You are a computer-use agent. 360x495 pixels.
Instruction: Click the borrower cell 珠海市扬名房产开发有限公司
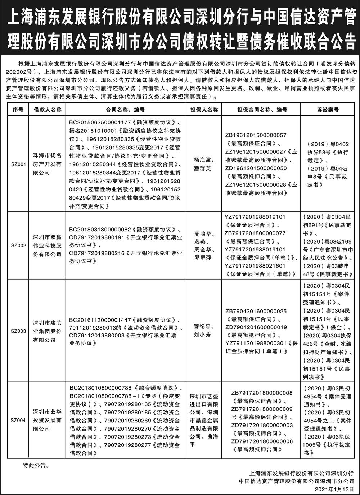(x=48, y=165)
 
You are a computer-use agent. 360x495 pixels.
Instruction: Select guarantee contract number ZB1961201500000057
(x=256, y=135)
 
